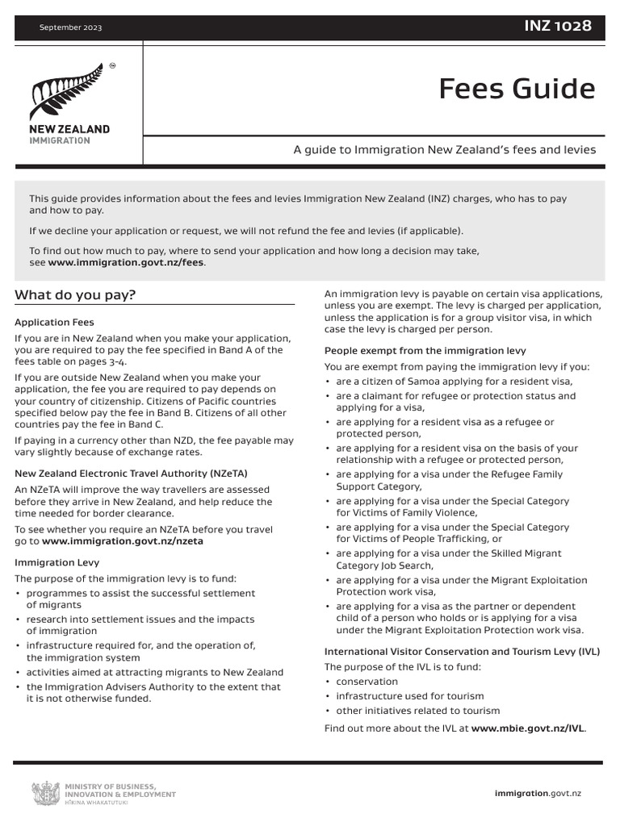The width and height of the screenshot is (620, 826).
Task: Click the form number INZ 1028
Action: coord(558,27)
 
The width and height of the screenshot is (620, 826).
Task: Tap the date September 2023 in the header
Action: coord(71,28)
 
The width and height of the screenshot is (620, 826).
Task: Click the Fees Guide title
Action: coord(517,89)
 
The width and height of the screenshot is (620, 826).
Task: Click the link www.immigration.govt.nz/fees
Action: coord(126,263)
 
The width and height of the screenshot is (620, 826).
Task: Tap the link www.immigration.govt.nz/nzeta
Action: coord(122,541)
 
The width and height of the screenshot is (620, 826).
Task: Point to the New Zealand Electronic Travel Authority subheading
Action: coord(131,473)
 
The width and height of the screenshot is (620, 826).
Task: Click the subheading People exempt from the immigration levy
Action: coord(425,350)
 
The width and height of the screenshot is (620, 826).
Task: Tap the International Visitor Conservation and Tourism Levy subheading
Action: coord(462,651)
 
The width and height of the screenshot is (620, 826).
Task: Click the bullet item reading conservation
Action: coord(367,682)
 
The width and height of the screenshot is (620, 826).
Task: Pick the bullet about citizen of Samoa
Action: coord(454,382)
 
